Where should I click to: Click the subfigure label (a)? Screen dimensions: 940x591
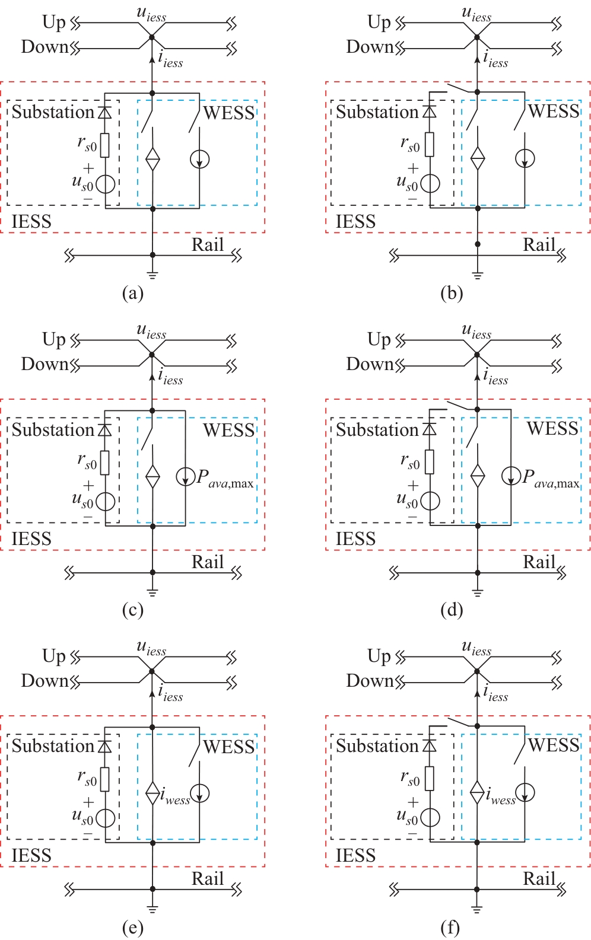tap(132, 293)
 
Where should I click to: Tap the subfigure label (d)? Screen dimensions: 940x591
tap(452, 610)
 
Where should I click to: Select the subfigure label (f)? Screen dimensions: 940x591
tap(451, 927)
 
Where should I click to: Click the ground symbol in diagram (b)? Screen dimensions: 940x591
tap(478, 275)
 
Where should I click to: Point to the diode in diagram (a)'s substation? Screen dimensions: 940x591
tap(105, 111)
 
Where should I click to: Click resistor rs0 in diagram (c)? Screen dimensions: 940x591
tap(105, 463)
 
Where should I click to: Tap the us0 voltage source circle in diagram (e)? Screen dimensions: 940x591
tap(105, 818)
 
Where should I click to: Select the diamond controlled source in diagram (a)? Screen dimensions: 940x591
tap(152, 159)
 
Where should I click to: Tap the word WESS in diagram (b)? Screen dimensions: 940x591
tap(554, 111)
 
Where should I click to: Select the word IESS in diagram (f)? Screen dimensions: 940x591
tap(356, 855)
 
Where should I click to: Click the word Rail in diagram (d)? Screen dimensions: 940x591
tap(539, 562)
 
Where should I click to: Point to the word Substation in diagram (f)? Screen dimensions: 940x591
tap(377, 746)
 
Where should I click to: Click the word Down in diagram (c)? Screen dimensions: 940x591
tap(45, 364)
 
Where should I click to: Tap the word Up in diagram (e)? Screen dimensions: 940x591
tap(54, 656)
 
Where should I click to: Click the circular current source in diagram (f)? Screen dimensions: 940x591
tap(525, 792)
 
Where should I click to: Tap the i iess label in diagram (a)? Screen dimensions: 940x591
tap(171, 59)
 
